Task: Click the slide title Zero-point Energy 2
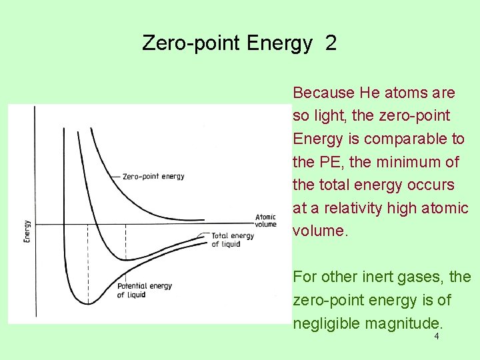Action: tap(239, 43)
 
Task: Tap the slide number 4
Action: tap(437, 337)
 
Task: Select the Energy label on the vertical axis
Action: tap(27, 231)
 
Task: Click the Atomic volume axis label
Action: tap(265, 221)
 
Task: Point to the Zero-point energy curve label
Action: tap(153, 177)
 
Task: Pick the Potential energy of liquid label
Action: tap(145, 290)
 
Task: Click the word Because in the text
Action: tap(323, 93)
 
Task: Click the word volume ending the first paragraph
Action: tap(319, 231)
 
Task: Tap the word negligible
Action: tap(324, 323)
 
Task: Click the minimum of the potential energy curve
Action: tap(88, 304)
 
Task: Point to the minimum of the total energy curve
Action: tap(125, 259)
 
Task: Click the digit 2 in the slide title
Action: tap(331, 43)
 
